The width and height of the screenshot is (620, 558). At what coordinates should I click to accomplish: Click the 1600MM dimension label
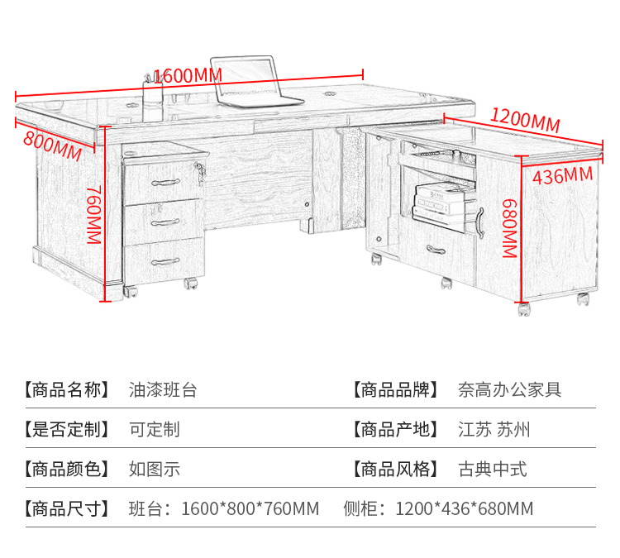pyautogui.click(x=188, y=74)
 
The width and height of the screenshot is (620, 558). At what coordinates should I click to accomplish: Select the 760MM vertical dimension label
pyautogui.click(x=93, y=214)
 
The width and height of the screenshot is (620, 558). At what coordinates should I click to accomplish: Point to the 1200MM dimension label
pyautogui.click(x=525, y=120)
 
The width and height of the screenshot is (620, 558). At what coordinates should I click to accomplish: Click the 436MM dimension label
pyautogui.click(x=562, y=175)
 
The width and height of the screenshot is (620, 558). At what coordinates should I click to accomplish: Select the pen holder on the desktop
pyautogui.click(x=155, y=89)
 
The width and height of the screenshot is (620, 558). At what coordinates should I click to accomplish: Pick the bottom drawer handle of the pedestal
pyautogui.click(x=165, y=261)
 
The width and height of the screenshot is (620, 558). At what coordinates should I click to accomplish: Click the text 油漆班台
pyautogui.click(x=163, y=389)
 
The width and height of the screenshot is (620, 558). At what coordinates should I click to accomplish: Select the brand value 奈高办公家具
pyautogui.click(x=510, y=389)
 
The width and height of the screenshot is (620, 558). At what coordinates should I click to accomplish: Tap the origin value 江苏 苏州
pyautogui.click(x=494, y=429)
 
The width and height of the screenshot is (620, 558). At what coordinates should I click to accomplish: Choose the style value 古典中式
pyautogui.click(x=493, y=469)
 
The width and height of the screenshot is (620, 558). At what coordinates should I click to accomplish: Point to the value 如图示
pyautogui.click(x=154, y=469)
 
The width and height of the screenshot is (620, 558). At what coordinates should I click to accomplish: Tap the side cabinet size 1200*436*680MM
pyautogui.click(x=464, y=508)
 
